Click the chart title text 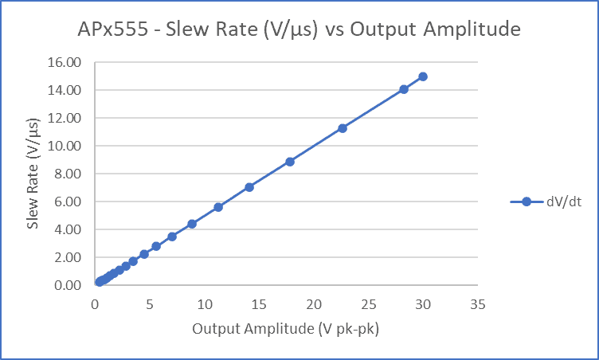299,30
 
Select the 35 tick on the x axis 478,304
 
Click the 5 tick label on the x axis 150,304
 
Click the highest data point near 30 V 423,76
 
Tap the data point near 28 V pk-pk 404,89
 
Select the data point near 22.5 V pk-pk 343,128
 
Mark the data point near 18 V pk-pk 290,162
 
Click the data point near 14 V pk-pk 249,187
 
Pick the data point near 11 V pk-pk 218,207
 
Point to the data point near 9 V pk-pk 192,224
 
